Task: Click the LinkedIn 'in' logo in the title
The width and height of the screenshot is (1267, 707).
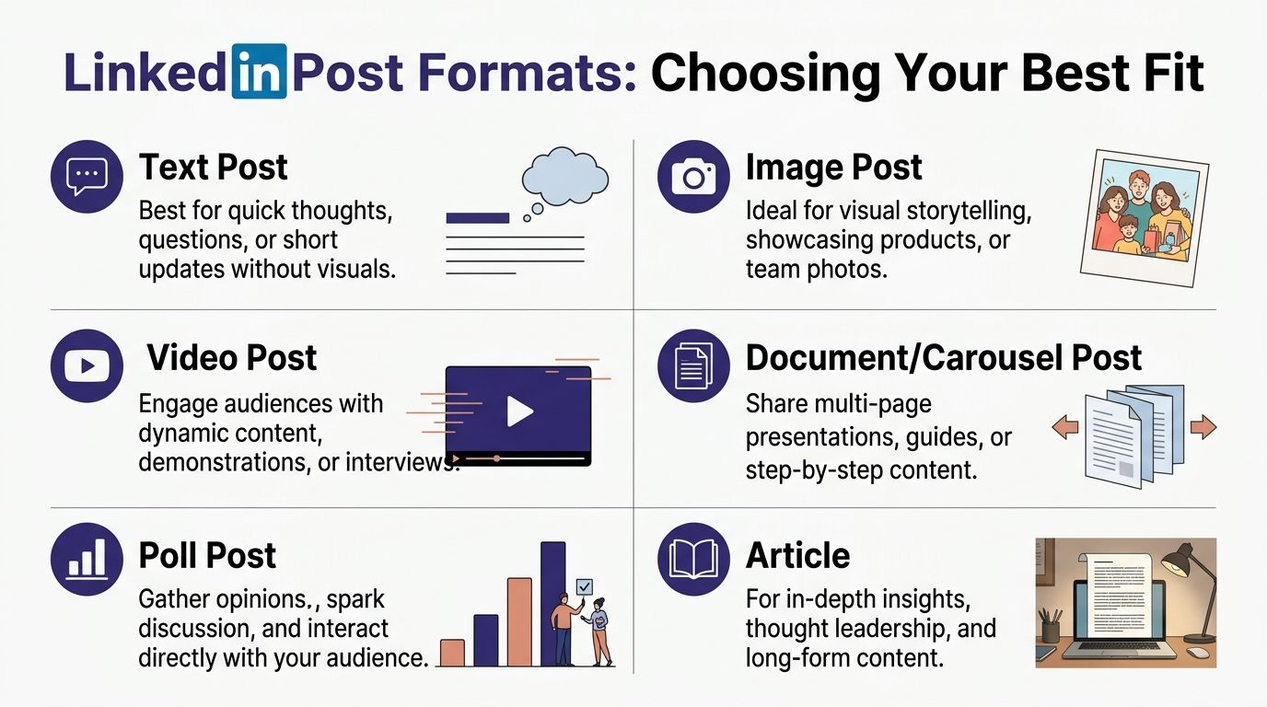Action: click(x=259, y=71)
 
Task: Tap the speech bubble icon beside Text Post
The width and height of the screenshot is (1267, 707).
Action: click(x=87, y=176)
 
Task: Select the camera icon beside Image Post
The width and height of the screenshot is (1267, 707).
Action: click(x=693, y=176)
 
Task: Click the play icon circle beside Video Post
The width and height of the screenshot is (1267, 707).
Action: click(x=87, y=365)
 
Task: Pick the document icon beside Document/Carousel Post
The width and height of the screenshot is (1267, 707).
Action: click(x=693, y=365)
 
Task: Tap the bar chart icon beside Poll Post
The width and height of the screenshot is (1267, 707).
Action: click(x=87, y=559)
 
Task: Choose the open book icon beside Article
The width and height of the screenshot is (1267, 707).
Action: click(x=693, y=559)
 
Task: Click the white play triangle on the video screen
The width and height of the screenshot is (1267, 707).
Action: click(x=519, y=411)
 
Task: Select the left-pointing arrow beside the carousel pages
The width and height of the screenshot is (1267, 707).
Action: click(x=1064, y=426)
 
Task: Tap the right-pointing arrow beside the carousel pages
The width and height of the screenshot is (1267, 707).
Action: click(x=1203, y=426)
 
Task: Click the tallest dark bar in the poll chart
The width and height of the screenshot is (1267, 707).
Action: click(x=552, y=603)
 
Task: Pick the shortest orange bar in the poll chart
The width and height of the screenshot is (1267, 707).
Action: click(x=452, y=652)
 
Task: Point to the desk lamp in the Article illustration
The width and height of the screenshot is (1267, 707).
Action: click(x=1187, y=570)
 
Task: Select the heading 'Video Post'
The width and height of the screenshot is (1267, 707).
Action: click(x=232, y=358)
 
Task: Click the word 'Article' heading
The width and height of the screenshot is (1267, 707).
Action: click(x=797, y=556)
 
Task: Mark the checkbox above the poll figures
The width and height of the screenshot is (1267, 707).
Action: click(x=584, y=586)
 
